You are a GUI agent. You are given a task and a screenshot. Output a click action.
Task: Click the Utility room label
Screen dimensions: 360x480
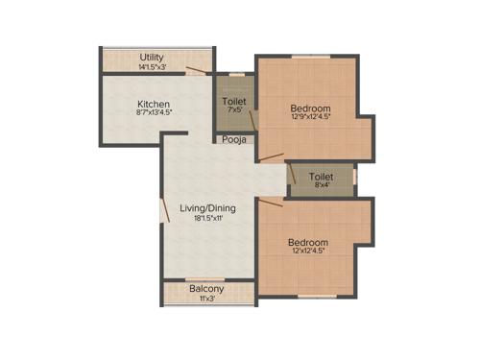[152, 57]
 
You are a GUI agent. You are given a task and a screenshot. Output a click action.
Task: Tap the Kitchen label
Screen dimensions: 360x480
[154, 105]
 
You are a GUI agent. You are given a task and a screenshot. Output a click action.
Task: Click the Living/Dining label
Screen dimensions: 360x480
[207, 207]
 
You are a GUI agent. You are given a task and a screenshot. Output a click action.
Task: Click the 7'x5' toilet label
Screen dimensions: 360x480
[234, 101]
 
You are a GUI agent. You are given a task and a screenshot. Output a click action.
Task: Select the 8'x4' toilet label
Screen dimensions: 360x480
[322, 177]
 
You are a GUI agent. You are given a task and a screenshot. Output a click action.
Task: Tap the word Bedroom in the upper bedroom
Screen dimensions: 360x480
[311, 108]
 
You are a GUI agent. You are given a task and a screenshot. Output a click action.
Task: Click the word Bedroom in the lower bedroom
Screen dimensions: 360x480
[308, 243]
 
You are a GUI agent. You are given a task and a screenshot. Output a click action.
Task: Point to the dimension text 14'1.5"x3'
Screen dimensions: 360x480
[152, 67]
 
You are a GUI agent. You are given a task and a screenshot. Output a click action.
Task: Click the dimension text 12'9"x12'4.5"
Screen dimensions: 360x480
[311, 118]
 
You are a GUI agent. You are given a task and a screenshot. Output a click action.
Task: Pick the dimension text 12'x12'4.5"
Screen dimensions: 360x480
[308, 253]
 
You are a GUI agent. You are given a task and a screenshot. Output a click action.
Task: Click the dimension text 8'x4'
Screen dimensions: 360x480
[322, 187]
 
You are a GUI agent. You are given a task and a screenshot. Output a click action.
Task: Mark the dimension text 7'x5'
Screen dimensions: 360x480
[234, 111]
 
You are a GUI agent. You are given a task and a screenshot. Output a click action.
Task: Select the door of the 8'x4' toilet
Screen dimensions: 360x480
[290, 173]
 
